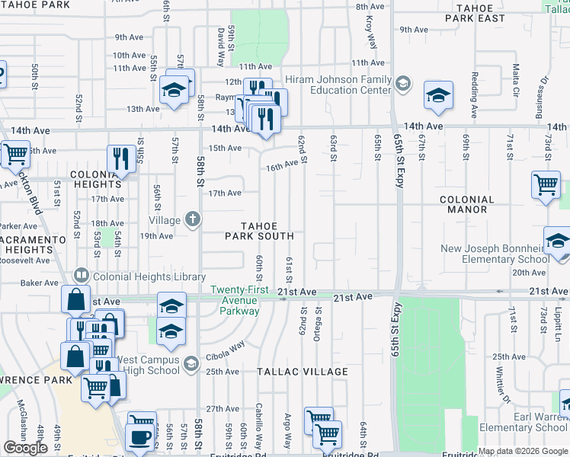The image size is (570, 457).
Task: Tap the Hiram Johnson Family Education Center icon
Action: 402,84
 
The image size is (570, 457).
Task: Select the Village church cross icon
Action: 193,220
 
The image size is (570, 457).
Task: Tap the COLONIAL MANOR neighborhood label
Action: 467,204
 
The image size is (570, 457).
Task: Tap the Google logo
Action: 25,448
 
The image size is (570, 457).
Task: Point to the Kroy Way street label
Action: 369,30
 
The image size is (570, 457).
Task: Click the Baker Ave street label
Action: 40,283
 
